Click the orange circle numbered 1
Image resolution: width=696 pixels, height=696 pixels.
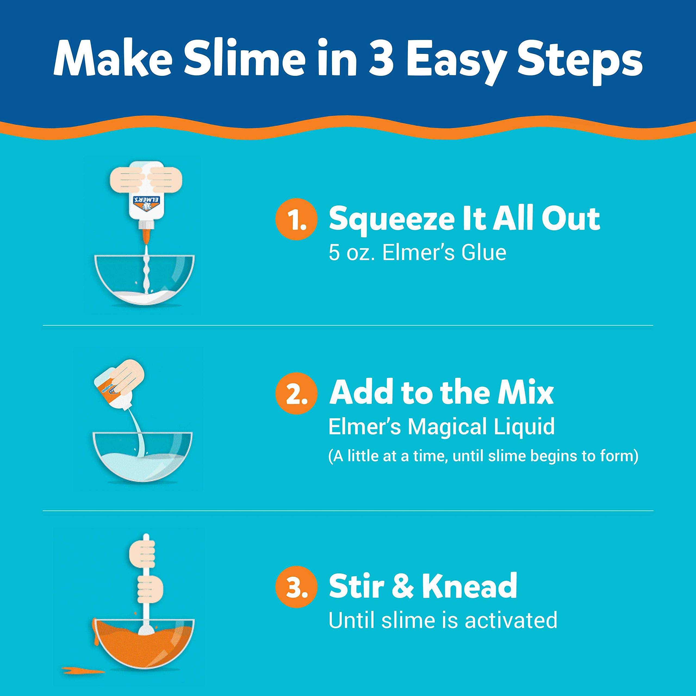click(296, 220)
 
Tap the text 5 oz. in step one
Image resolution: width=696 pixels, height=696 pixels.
click(352, 252)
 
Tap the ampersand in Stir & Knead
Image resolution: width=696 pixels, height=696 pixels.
click(399, 586)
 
